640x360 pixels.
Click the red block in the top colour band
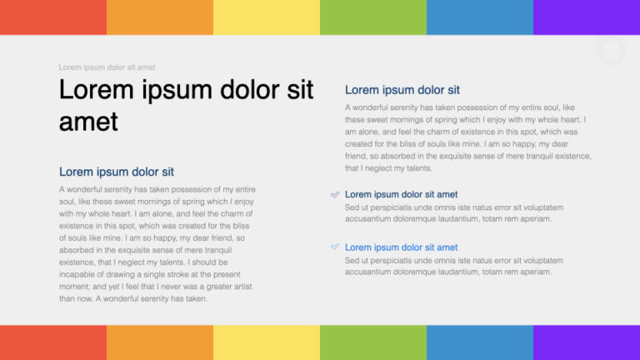[53, 17]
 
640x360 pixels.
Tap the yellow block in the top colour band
[267, 17]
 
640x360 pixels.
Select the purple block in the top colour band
[587, 17]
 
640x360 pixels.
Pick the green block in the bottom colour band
[373, 342]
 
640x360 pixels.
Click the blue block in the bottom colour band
[480, 342]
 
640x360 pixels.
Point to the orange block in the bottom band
[160, 342]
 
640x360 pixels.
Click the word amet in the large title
[88, 122]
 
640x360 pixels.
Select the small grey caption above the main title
[107, 67]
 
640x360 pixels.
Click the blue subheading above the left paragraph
[117, 172]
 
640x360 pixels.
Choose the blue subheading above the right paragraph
[402, 90]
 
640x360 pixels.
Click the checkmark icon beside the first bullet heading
[335, 194]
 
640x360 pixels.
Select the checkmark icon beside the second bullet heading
[335, 247]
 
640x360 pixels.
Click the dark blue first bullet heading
[401, 194]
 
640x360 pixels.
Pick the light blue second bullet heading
[401, 247]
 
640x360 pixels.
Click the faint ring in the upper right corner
[612, 51]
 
